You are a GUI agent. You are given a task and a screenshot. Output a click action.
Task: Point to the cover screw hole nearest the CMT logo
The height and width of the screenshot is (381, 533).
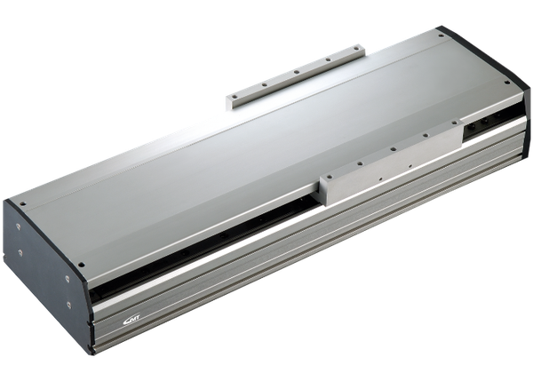tap(83, 262)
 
